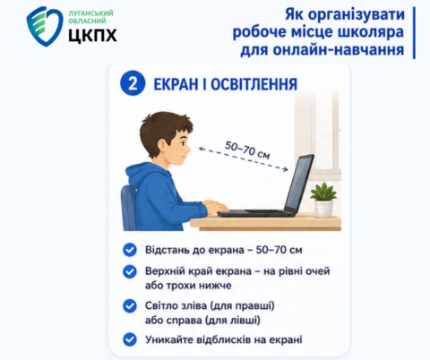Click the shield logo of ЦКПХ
(45, 26)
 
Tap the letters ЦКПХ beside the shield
(92, 35)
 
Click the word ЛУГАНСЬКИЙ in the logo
(90, 13)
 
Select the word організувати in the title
(357, 15)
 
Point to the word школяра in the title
(371, 32)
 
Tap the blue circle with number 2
(133, 83)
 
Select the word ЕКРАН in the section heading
(176, 84)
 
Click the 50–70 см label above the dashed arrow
(247, 150)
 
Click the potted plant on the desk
(323, 200)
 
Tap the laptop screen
(299, 181)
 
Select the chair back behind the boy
(128, 208)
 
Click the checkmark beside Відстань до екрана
(130, 250)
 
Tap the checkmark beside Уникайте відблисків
(130, 339)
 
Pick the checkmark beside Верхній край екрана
(130, 271)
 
